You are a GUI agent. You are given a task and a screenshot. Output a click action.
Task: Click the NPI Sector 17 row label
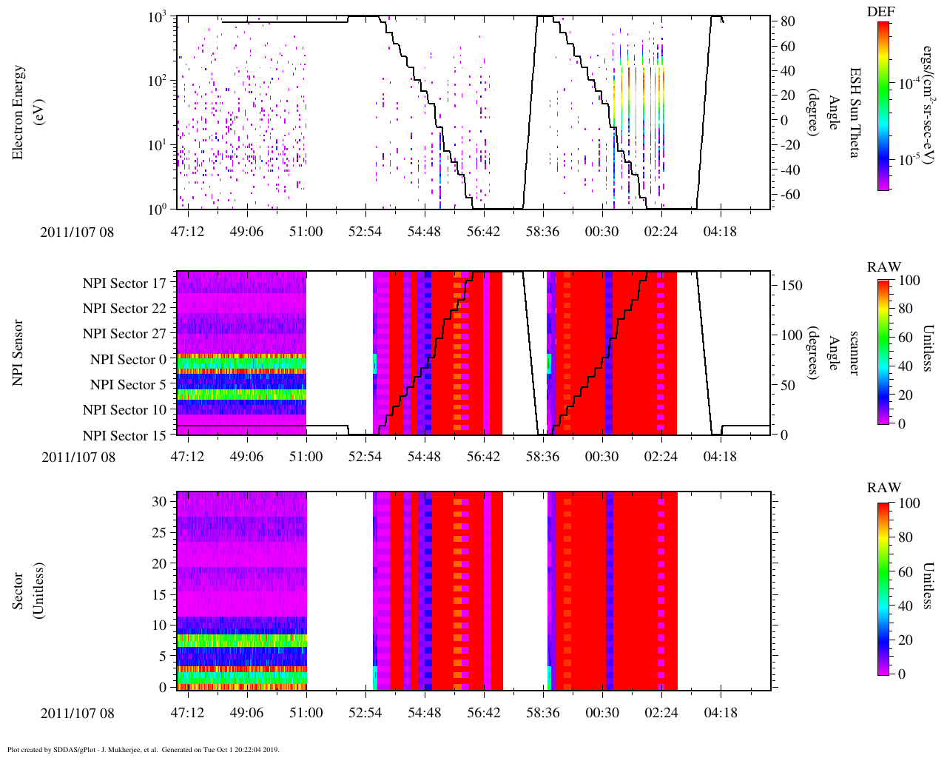[x=124, y=284]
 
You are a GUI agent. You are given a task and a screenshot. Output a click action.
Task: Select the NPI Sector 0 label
[x=128, y=360]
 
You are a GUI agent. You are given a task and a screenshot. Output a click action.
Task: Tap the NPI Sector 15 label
[x=124, y=436]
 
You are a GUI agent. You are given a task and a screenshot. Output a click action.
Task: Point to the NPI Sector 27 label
[x=124, y=334]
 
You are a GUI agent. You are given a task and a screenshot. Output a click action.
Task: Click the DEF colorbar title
[x=884, y=11]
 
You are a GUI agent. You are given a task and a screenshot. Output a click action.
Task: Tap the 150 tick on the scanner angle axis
[x=792, y=286]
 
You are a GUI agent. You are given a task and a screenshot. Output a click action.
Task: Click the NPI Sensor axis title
[x=19, y=352]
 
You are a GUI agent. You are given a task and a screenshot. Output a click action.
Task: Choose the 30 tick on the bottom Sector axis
[x=160, y=501]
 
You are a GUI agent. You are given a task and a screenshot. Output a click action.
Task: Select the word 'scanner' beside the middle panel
[x=853, y=352]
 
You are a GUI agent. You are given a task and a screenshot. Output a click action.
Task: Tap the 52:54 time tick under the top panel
[x=365, y=232]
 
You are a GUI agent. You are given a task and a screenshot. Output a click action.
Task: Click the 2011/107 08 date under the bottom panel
[x=78, y=714]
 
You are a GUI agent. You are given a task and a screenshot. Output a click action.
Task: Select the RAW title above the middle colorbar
[x=884, y=267]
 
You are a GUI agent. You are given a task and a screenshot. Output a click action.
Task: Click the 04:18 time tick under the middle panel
[x=720, y=457]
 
